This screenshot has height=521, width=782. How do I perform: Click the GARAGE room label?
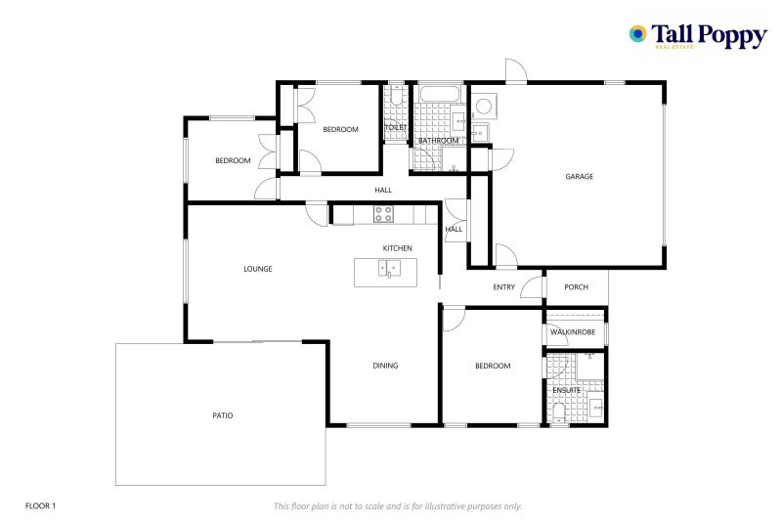(x=579, y=176)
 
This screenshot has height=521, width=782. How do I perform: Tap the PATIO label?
(x=223, y=415)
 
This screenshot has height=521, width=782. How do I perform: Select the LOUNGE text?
(x=258, y=269)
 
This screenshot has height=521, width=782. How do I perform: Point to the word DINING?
(x=385, y=366)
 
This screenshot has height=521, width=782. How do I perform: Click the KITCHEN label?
(x=398, y=247)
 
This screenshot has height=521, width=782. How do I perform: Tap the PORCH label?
(x=576, y=286)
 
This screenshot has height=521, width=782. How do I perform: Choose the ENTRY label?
(x=503, y=286)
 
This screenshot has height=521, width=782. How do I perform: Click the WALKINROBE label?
(x=573, y=331)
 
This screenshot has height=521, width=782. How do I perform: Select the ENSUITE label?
(x=567, y=390)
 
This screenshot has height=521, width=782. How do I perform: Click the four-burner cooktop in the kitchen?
(x=383, y=214)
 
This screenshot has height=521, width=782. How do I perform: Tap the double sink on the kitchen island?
(x=389, y=268)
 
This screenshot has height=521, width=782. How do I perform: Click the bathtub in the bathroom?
(x=439, y=94)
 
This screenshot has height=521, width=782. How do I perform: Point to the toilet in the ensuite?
(x=558, y=413)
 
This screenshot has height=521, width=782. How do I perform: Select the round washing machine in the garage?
(x=483, y=107)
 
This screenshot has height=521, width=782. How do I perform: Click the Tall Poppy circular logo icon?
(x=638, y=34)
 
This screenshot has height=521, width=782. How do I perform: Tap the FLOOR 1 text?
(x=40, y=506)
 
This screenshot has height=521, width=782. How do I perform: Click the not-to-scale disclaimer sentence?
(x=398, y=506)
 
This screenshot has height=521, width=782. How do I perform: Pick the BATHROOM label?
(x=438, y=141)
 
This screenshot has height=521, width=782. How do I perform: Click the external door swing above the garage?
(x=516, y=69)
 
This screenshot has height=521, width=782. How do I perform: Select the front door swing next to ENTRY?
(x=532, y=286)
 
